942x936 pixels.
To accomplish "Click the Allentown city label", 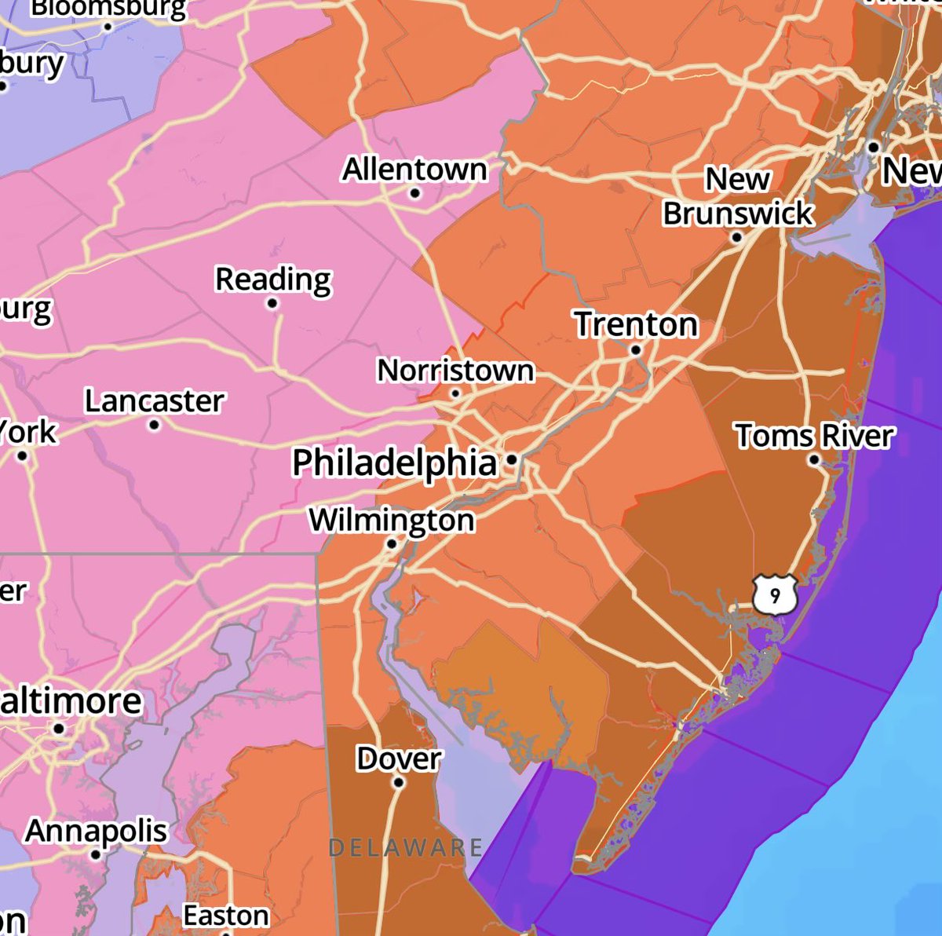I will tap(414, 169).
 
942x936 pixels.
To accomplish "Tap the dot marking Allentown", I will tap(415, 193).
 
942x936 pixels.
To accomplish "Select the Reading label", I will tap(273, 279).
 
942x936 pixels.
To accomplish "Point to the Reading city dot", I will tap(272, 303).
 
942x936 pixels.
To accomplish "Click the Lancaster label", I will tap(154, 401).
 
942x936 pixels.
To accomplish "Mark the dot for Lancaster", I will tap(154, 425).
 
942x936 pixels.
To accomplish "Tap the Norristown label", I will tap(455, 370).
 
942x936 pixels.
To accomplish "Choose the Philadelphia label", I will tap(395, 462).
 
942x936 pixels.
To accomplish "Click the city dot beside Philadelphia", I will tap(512, 459).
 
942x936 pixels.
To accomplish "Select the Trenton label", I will tap(636, 324).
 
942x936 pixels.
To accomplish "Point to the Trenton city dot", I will tap(636, 350).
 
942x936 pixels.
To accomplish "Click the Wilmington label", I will tap(392, 519).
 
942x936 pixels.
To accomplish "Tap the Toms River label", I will tap(814, 435).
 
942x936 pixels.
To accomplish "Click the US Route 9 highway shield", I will tap(775, 595).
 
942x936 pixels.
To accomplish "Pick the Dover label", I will tap(399, 759).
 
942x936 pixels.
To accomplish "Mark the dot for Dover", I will tap(399, 782).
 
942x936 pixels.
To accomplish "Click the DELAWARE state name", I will tap(405, 847).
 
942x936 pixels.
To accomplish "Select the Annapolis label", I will tap(96, 830).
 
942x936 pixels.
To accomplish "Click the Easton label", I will tap(226, 916).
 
